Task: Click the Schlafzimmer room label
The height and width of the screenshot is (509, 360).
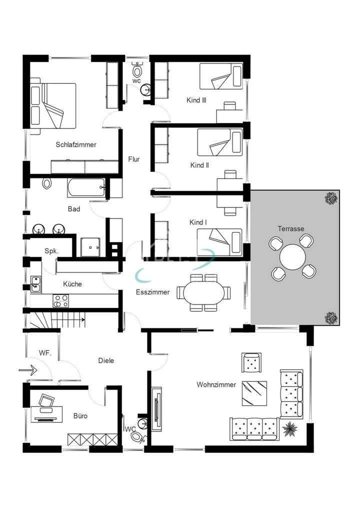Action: coord(75,144)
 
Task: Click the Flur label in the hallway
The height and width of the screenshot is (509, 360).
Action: coord(133,159)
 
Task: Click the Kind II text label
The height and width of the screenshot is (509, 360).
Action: coord(199,165)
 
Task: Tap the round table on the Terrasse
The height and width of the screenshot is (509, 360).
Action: coord(293,257)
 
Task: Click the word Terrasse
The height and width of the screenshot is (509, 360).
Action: coord(291,228)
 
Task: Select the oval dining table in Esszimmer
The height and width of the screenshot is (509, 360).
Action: coord(204,292)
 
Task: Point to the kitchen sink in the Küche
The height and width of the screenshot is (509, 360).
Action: coord(36,284)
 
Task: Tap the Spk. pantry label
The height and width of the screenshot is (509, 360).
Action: coord(51,251)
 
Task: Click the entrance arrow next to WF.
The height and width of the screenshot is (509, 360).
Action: coord(28,370)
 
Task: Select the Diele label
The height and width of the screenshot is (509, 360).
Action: coord(106,360)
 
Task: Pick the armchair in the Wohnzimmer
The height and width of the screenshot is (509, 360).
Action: coord(251,362)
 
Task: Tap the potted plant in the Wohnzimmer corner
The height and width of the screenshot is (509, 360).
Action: coord(289,428)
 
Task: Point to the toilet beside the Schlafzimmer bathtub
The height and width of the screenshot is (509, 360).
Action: coord(47,183)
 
